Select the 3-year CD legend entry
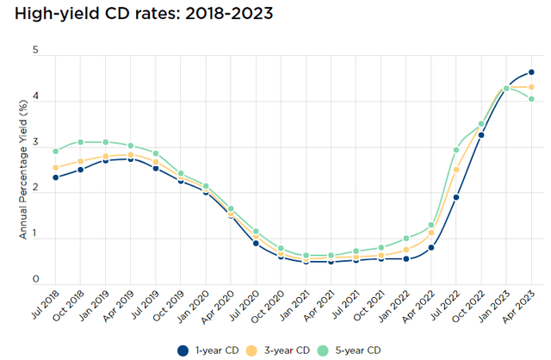(283, 350)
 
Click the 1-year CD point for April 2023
(531, 72)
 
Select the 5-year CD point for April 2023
(531, 99)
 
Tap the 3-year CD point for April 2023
(531, 87)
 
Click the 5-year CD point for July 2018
(55, 152)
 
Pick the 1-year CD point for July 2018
(55, 177)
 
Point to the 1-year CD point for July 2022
(456, 197)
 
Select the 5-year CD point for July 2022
(456, 151)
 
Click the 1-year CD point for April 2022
(431, 247)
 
